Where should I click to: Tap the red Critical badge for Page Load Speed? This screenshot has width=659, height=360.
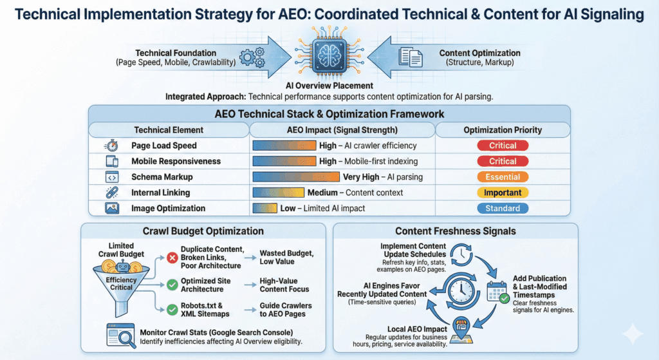tap(503, 146)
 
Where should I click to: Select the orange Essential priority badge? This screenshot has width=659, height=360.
tap(503, 176)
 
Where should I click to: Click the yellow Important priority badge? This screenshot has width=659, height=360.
tap(503, 193)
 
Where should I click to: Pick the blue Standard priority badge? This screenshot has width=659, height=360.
tap(503, 208)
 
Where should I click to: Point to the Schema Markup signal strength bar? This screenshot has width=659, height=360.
tap(296, 176)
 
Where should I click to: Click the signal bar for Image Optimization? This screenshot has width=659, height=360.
tap(265, 208)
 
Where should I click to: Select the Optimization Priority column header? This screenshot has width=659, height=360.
tap(503, 129)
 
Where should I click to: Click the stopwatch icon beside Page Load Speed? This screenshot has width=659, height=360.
tap(110, 146)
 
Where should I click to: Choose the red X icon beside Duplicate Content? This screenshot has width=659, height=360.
tap(172, 258)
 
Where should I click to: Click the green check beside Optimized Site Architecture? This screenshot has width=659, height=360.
tap(172, 284)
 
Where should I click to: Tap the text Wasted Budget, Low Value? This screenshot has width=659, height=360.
tap(286, 257)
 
